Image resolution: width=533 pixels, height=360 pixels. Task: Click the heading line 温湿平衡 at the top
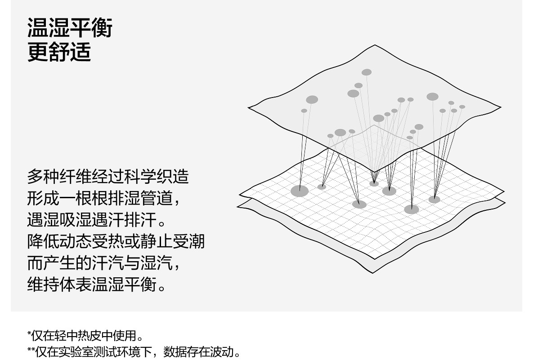point(70,28)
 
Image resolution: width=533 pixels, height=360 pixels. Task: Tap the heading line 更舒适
point(59,52)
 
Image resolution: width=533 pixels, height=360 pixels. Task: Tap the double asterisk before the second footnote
point(31,349)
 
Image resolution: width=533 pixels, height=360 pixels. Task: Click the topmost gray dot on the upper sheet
point(367,72)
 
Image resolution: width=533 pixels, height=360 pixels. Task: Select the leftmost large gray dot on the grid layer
point(300,191)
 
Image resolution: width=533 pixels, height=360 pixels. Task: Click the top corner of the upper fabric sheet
point(375,45)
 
